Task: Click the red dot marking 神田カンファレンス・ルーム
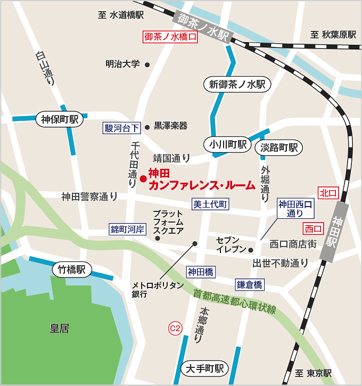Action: pos(143,178)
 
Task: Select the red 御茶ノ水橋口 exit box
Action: pos(171,37)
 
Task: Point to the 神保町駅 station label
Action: pos(60,119)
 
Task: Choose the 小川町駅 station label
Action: pos(227,145)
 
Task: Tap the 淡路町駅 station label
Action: pos(278,147)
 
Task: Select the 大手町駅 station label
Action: pos(204,368)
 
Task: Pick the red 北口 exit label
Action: pos(328,193)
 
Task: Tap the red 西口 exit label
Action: pos(313,228)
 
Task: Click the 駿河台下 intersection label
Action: pos(122,127)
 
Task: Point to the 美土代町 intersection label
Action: pos(210,204)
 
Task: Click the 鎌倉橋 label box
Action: pos(250,285)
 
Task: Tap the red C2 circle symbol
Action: pos(175,328)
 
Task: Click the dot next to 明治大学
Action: pos(147,65)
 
